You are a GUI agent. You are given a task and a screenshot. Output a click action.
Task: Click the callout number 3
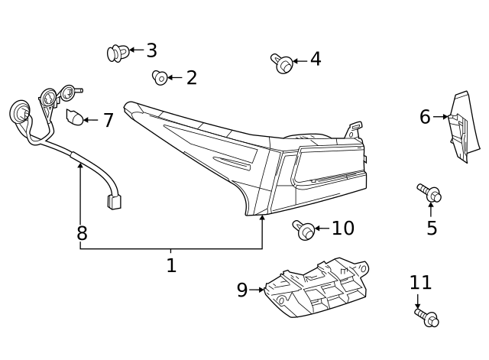[151, 51]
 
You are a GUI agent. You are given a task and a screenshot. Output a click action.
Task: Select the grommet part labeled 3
[117, 53]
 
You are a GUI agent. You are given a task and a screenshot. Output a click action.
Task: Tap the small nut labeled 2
[160, 76]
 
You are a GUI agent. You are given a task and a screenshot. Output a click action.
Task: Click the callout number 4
[315, 60]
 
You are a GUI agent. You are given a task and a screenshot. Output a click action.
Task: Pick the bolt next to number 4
[283, 63]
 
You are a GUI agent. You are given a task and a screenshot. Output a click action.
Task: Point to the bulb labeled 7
[74, 118]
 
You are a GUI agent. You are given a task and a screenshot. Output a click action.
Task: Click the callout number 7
[108, 120]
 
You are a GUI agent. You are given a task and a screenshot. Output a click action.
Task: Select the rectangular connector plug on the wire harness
[115, 202]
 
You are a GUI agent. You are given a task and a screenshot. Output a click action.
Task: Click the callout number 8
[82, 233]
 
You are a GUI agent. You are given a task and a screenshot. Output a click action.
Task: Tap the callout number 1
[171, 265]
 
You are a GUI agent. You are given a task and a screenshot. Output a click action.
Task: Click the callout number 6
[425, 117]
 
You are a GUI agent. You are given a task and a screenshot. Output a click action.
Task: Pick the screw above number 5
[429, 193]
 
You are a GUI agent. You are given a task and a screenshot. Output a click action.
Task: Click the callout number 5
[432, 228]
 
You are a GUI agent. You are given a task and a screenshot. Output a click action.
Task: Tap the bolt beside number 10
[303, 228]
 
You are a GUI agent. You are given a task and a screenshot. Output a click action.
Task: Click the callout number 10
[343, 228]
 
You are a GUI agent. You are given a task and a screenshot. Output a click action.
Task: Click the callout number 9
[242, 290]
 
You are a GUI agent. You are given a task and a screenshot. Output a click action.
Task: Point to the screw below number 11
[427, 317]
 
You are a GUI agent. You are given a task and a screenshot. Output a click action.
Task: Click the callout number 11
[420, 283]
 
